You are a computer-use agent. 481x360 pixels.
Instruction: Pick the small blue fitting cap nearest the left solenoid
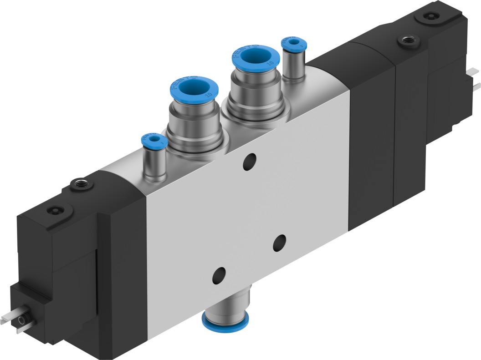coord(154,139)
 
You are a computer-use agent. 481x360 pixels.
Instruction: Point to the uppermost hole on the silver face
coord(249,162)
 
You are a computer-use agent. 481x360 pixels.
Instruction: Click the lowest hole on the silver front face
coord(219,274)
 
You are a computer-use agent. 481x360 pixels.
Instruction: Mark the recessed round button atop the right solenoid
coord(429,16)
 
